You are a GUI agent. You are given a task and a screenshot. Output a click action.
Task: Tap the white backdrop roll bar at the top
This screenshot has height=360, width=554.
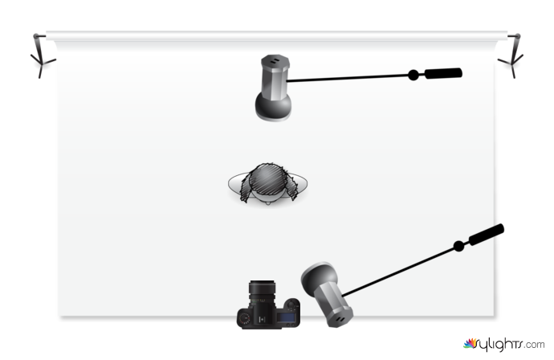(x=273, y=36)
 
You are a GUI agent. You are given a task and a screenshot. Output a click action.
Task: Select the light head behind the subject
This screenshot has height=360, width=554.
(x=273, y=76)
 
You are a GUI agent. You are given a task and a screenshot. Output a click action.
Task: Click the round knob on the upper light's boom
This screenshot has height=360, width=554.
(x=413, y=75)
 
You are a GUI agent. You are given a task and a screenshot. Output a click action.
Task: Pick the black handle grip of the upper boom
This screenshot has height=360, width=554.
(x=443, y=73)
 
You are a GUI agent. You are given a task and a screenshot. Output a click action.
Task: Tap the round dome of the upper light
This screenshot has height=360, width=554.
(x=272, y=104)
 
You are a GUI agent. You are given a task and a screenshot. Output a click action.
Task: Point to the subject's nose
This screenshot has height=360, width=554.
(x=267, y=200)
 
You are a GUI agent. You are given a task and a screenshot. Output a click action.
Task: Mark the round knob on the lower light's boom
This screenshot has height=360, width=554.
(x=458, y=245)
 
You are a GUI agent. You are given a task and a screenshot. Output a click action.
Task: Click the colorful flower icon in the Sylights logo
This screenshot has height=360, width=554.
(x=470, y=343)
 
